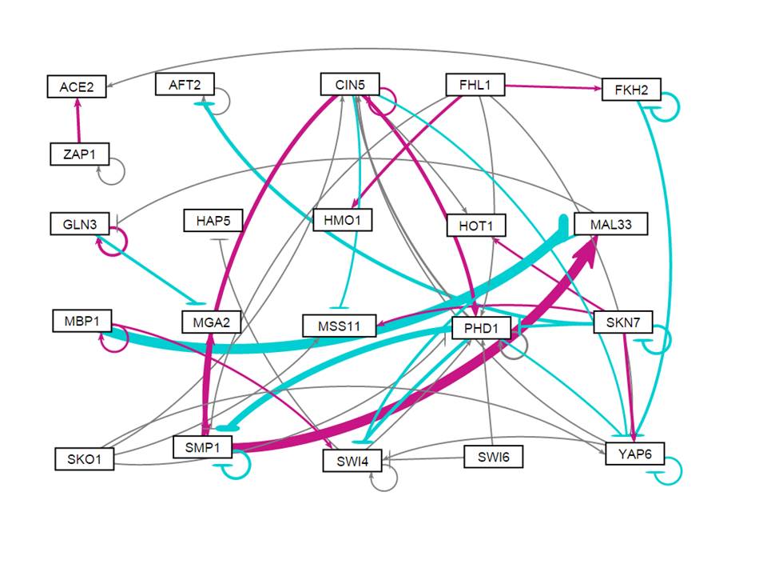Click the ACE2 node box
(77, 86)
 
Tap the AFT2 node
(185, 84)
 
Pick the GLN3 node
(77, 224)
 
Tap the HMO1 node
(343, 220)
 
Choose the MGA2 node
(211, 323)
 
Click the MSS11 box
(340, 326)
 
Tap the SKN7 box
(623, 322)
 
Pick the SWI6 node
(493, 458)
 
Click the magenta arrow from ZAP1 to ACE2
(77, 120)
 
